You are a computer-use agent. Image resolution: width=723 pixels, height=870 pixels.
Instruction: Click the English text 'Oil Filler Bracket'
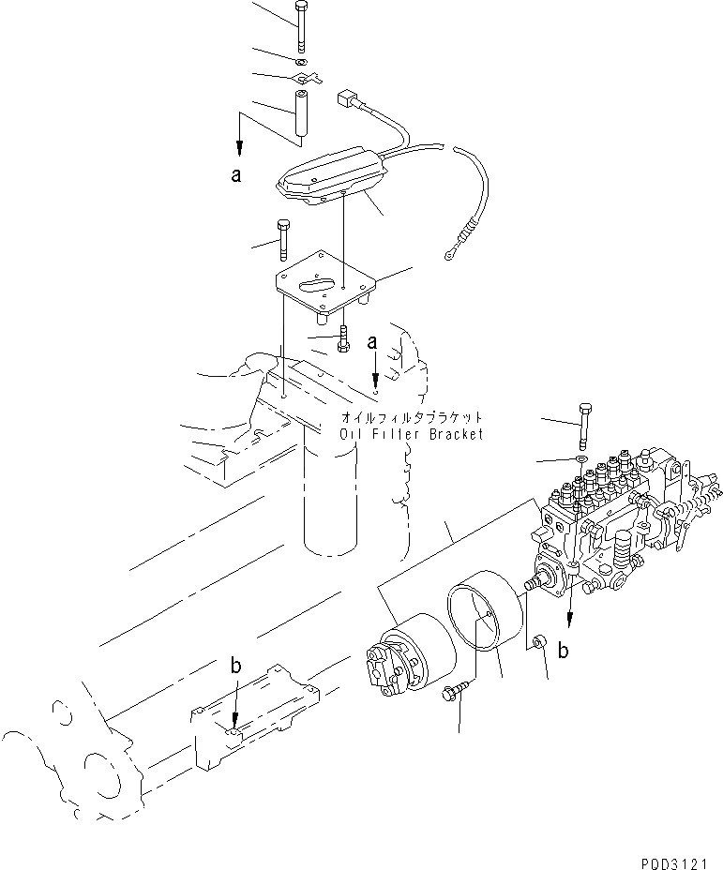(412, 434)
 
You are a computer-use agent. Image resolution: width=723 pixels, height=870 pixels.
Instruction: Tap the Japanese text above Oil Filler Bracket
(412, 417)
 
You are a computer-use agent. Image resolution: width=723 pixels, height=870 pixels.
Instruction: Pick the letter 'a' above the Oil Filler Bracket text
(372, 344)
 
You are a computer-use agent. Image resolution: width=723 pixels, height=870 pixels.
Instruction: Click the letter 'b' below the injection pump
(563, 651)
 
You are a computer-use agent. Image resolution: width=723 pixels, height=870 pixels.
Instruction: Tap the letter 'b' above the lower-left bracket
(236, 667)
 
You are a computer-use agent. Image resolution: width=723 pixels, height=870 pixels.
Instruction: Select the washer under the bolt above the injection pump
(580, 459)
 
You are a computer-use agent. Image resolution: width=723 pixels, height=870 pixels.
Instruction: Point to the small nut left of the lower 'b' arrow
(539, 643)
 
